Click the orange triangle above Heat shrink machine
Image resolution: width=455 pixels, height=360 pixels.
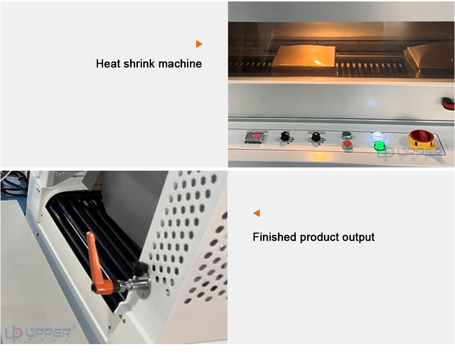coord(199,44)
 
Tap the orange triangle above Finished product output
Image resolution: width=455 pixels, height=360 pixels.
coord(257,213)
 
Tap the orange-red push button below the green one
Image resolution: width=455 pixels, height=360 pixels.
coord(347,144)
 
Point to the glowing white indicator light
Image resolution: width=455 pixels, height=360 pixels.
coord(377,135)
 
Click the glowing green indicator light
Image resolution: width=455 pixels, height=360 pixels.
coord(379,146)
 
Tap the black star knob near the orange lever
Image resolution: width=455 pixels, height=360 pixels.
coord(141,268)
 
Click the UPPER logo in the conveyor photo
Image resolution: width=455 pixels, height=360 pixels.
coord(40,333)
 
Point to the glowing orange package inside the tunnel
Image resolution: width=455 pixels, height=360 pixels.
coord(303,56)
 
